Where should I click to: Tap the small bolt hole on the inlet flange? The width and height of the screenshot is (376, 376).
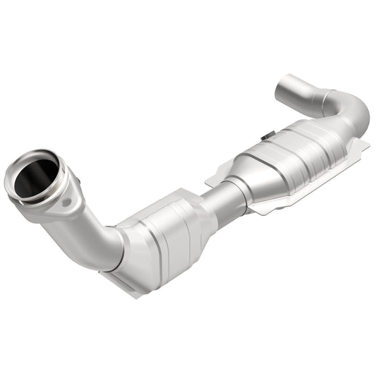tap(66, 203)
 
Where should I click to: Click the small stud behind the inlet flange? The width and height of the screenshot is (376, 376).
tap(78, 185)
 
